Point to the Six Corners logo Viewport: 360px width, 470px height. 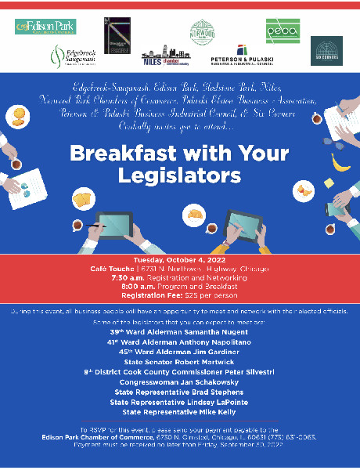(x=326, y=51)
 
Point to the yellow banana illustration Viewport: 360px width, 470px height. (x=340, y=162)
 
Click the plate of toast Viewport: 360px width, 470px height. (x=82, y=201)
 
